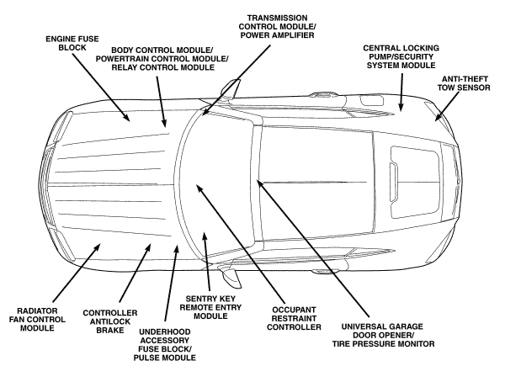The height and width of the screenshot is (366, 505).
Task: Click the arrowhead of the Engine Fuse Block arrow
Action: [x=130, y=119]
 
